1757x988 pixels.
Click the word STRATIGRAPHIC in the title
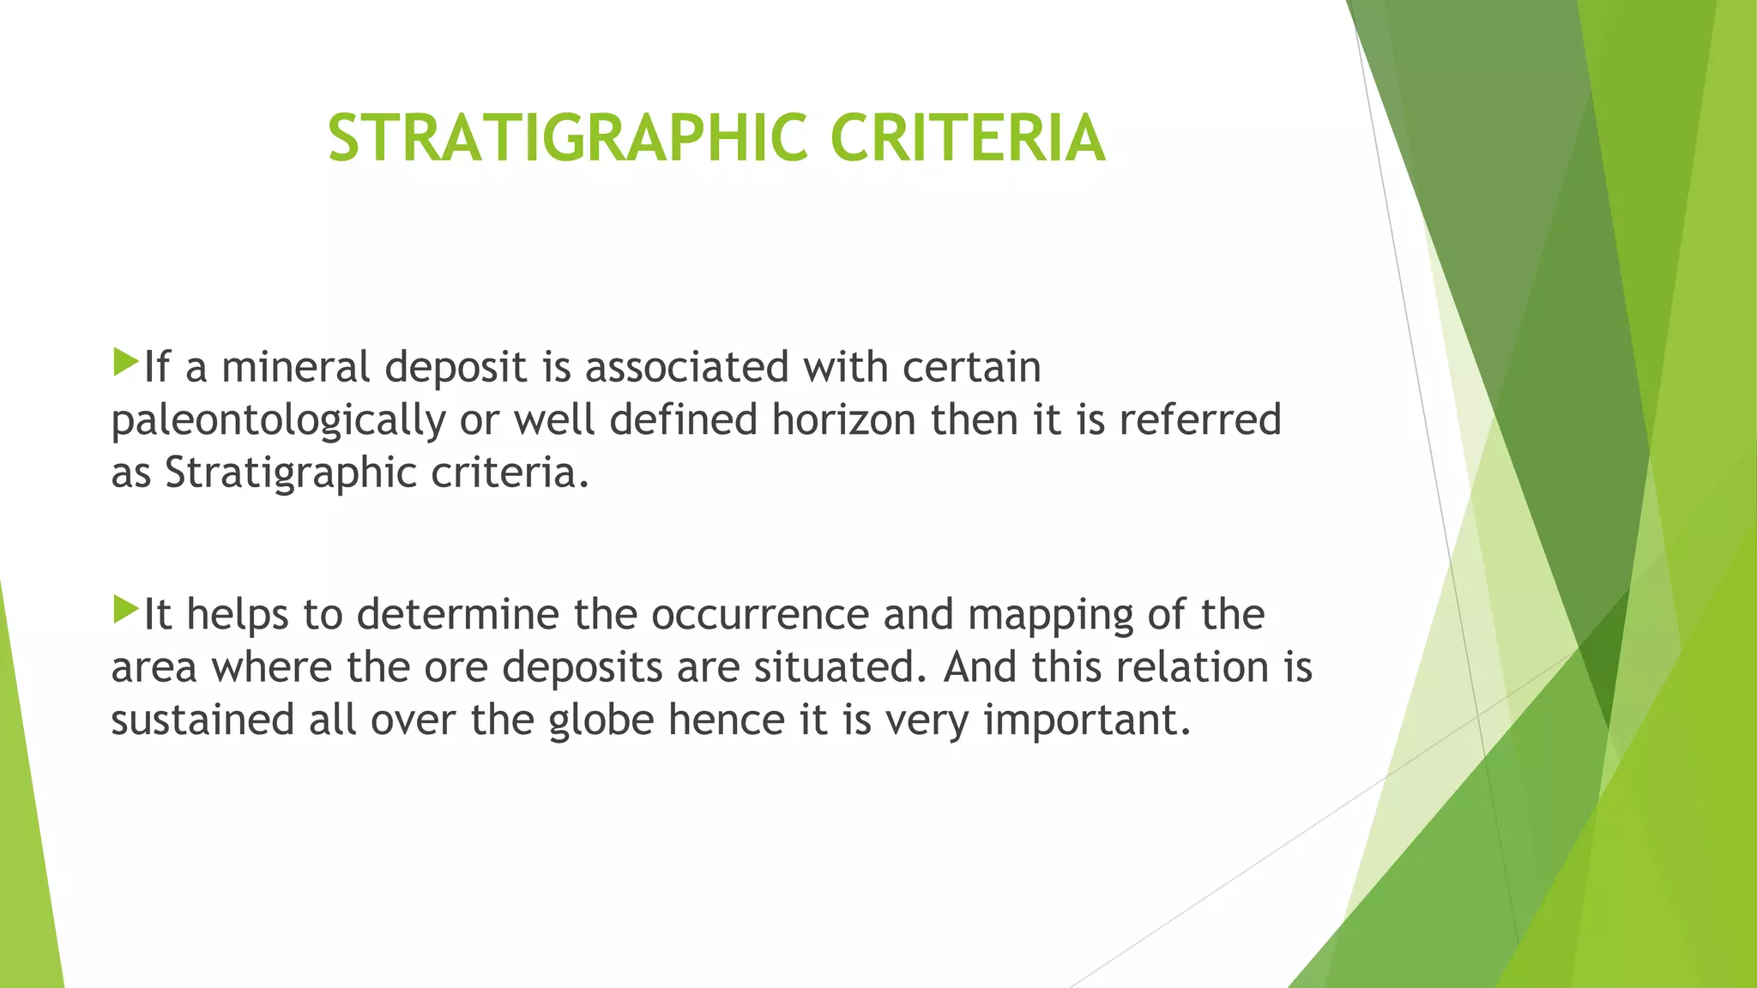567,137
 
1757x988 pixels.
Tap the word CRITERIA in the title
967,137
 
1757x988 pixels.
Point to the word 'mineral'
301,367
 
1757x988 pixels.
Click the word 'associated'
686,367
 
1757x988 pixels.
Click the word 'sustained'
202,720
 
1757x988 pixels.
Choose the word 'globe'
601,720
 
